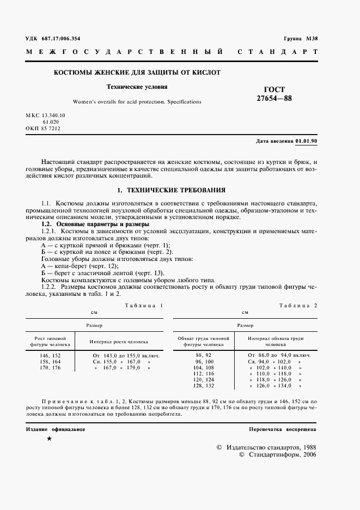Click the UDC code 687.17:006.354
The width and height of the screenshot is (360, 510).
(59, 39)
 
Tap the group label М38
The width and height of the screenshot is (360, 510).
(311, 39)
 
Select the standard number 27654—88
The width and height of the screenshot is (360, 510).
(274, 99)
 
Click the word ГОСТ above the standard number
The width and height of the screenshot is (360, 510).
(274, 89)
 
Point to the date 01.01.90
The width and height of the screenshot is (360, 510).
(307, 142)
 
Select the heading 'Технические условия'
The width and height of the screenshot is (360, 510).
(137, 87)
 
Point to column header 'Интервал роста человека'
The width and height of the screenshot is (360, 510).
(119, 342)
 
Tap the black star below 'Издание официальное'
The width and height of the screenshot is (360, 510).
(50, 439)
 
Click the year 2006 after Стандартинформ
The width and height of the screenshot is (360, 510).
(309, 454)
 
